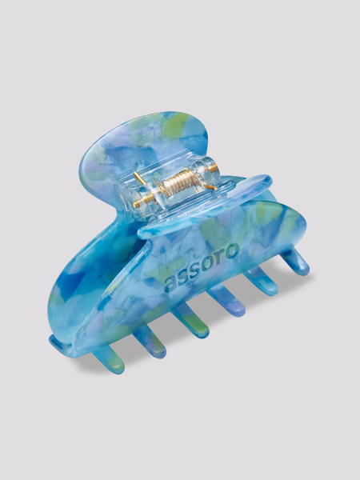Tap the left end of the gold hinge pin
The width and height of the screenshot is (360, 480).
click(134, 205)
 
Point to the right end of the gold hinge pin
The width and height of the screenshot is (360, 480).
click(217, 167)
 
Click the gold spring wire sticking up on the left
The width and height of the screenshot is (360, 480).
click(140, 178)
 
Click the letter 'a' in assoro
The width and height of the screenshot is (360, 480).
click(170, 284)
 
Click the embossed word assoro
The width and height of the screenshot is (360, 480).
click(201, 268)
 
